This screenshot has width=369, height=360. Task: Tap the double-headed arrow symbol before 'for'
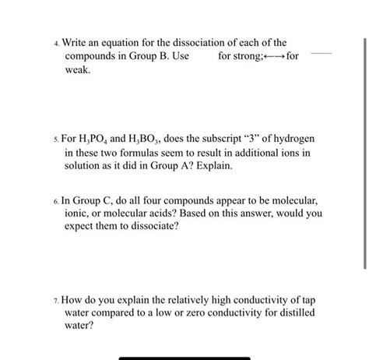click(x=267, y=57)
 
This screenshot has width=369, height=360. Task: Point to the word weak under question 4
click(x=77, y=70)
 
